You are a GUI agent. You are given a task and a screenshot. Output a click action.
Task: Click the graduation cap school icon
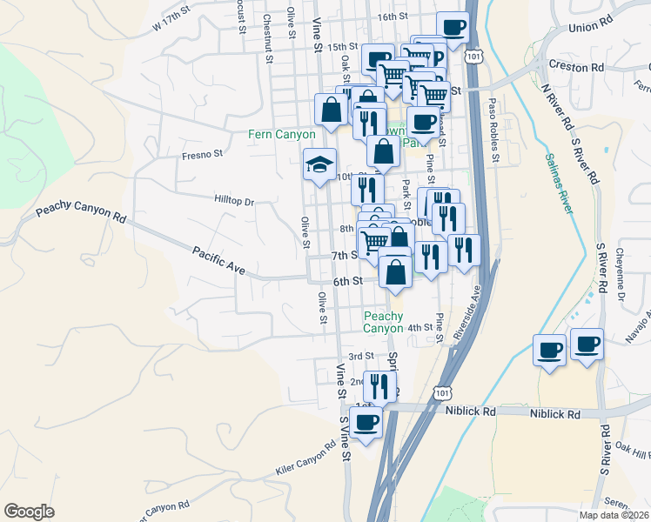tap(319, 163)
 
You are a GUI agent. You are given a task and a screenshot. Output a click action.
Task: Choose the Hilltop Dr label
tap(233, 201)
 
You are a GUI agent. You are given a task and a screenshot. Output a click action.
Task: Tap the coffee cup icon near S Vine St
tap(366, 422)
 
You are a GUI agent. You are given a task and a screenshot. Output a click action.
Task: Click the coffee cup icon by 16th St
tap(452, 27)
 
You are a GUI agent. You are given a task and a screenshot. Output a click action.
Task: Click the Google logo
tap(29, 512)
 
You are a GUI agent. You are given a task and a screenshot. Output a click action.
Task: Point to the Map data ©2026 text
tap(614, 515)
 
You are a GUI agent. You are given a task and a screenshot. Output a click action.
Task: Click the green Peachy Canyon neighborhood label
tap(384, 322)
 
